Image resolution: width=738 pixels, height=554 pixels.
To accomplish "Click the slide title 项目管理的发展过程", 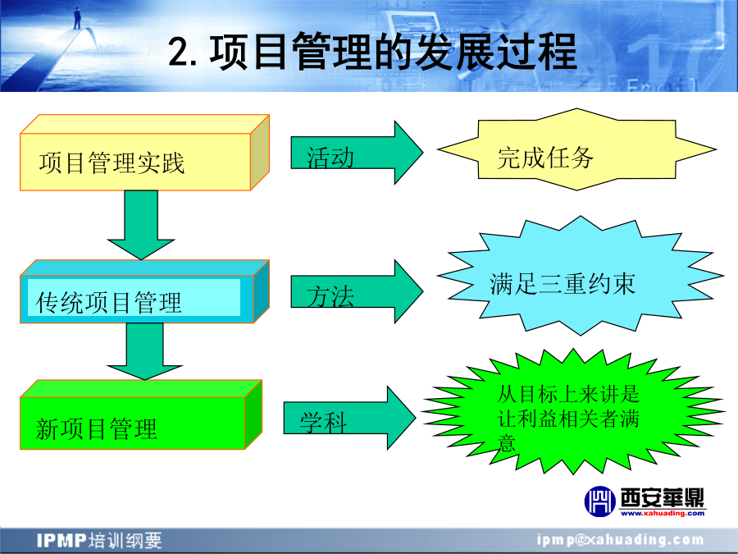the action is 393,52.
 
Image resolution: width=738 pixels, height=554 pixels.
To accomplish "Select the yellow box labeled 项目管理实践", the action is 144,153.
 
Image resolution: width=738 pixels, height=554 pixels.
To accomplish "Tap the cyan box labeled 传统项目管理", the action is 144,291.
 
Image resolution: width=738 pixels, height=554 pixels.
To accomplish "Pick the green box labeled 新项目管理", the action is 141,415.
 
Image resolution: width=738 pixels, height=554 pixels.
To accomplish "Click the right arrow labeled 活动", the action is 357,153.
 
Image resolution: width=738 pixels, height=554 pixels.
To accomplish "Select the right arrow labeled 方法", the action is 357,291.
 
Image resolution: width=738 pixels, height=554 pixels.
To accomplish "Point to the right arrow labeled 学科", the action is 349,418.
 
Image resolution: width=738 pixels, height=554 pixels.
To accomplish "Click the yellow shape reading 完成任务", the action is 577,149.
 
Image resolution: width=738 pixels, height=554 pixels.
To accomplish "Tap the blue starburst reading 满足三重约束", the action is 581,276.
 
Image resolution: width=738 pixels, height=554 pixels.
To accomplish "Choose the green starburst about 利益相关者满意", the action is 573,412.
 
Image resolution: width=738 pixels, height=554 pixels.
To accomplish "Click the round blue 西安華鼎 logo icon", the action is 599,501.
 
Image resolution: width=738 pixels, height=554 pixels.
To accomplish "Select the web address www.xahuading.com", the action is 663,513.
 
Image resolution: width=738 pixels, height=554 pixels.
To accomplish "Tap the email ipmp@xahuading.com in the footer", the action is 621,540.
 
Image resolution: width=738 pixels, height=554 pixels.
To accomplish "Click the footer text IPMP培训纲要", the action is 99,540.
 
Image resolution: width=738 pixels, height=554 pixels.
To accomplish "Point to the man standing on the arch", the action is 77,18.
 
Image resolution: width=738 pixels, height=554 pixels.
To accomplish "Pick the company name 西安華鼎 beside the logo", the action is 663,497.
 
